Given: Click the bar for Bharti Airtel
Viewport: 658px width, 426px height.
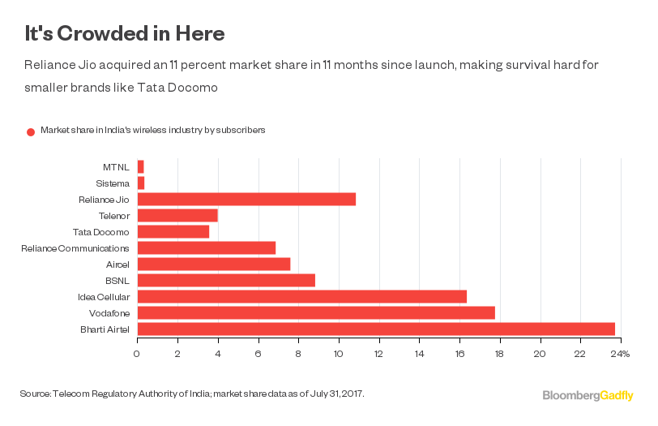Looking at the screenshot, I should click(376, 329).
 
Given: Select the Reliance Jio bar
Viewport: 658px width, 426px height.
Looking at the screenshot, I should click(246, 199).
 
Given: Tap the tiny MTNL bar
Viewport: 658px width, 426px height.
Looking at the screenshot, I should click(140, 166).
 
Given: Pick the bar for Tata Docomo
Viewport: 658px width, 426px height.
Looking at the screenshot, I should click(173, 231).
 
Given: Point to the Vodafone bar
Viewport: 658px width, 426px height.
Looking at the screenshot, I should click(316, 312).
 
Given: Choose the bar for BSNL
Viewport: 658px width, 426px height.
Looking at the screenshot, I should click(226, 280).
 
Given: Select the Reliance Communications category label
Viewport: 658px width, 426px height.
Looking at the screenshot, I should click(75, 247).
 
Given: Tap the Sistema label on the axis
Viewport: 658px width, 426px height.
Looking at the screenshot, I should click(113, 183).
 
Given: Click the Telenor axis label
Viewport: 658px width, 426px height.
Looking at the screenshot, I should click(113, 215).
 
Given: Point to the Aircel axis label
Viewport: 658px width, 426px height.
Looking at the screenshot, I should click(116, 264).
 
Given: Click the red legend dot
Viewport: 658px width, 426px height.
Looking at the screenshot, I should click(31, 131).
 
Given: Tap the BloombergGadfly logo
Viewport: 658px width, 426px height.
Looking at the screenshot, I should click(587, 395).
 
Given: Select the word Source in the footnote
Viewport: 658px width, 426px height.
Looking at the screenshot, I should click(35, 394).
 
